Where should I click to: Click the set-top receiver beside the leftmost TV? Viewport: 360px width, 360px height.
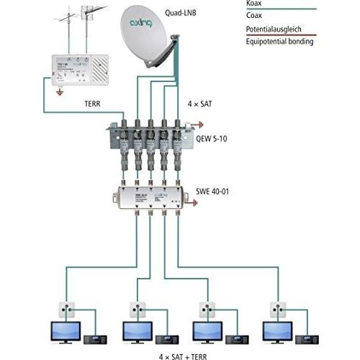click(95, 338)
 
